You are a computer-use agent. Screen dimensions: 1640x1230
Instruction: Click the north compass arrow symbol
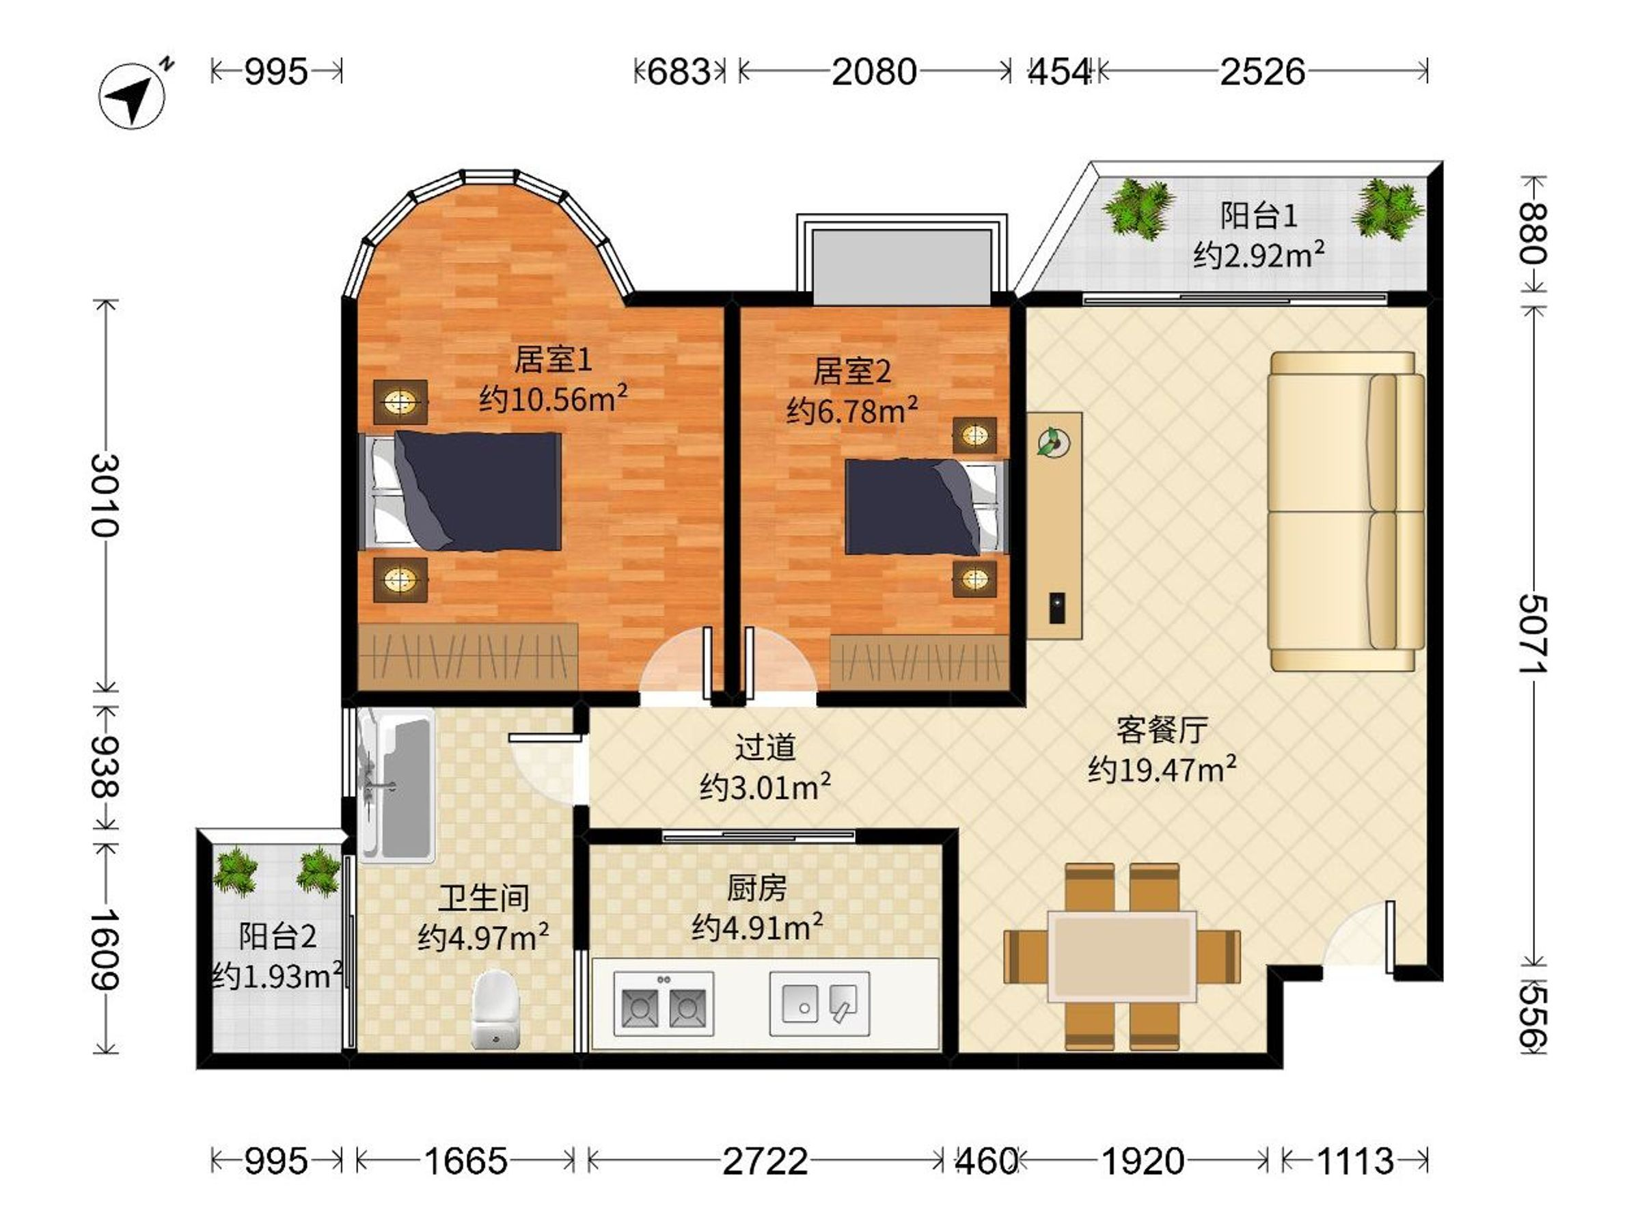[x=133, y=95]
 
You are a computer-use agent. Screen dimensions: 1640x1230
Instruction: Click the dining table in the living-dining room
[x=1122, y=957]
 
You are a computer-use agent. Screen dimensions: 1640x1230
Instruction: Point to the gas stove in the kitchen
[x=664, y=1004]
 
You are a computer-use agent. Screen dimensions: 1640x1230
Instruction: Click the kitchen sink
[x=819, y=1004]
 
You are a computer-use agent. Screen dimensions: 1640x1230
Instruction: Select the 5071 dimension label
[x=1533, y=634]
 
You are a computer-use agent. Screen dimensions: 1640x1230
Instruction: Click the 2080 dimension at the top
[x=874, y=72]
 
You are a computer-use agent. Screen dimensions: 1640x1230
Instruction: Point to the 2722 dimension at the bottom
[x=765, y=1161]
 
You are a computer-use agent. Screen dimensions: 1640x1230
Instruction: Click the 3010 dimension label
[x=105, y=495]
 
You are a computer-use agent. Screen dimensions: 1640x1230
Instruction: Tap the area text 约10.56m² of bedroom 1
[x=553, y=398]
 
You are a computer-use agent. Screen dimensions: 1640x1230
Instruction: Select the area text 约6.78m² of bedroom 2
[x=852, y=409]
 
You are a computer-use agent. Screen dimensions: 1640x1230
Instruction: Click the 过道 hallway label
[x=765, y=747]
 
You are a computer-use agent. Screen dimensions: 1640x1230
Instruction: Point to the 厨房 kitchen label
[x=756, y=888]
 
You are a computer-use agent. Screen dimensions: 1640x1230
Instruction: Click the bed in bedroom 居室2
[x=927, y=507]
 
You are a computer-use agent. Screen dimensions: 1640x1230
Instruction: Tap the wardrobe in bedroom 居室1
[x=468, y=656]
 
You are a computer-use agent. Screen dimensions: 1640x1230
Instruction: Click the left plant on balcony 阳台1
[x=1138, y=208]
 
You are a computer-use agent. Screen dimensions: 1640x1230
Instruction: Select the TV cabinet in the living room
[x=1054, y=525]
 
